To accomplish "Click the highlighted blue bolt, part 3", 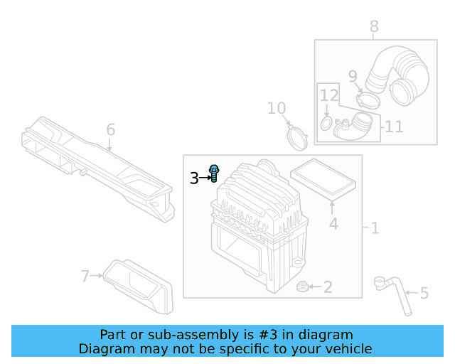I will [x=214, y=173].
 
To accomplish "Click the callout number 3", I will [x=194, y=178].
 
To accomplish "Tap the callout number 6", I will [x=110, y=130].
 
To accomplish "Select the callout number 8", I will [x=374, y=27].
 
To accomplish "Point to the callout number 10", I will [x=276, y=108].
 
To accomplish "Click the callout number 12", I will [x=328, y=95].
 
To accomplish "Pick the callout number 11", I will [x=394, y=127].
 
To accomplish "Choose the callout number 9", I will [x=353, y=75].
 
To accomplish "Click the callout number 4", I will [x=333, y=225].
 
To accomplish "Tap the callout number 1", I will [x=375, y=228].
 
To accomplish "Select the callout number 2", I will [x=328, y=287].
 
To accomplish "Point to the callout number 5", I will [x=424, y=292].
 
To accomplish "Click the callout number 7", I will [x=85, y=275].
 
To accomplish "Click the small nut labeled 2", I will [x=302, y=287].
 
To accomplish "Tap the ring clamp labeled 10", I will [x=297, y=136].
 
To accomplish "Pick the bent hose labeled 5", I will [x=392, y=291].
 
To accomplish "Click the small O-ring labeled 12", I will [x=326, y=124].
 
